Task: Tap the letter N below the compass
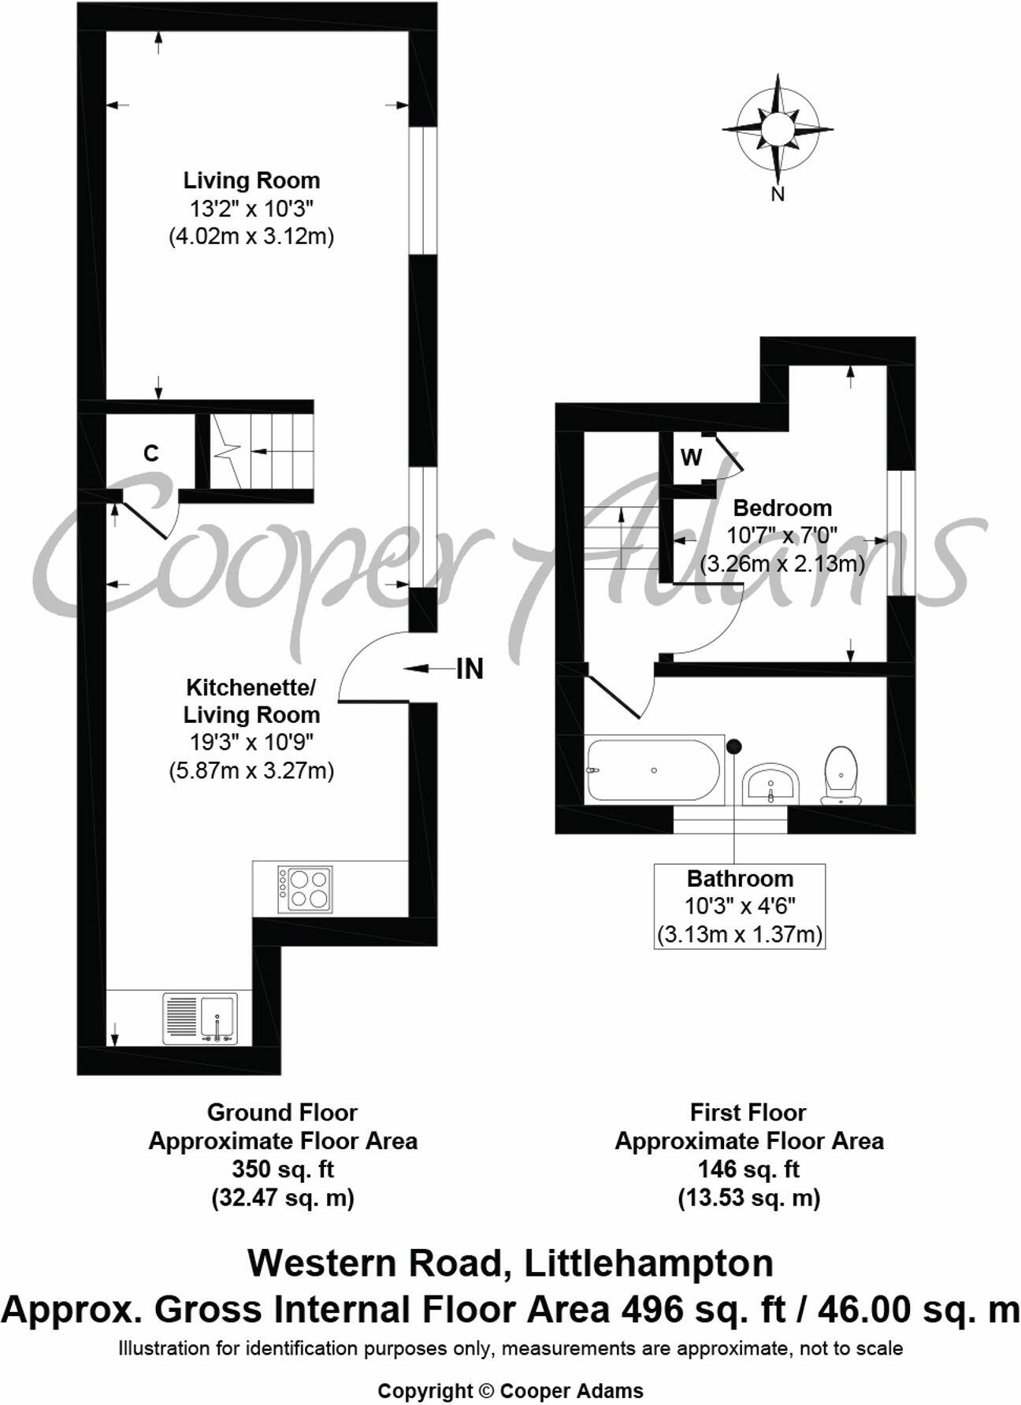778,194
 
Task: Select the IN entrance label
470,669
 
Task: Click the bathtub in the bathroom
652,770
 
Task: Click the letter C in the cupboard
150,454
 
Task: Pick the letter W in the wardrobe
691,458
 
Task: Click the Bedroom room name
782,508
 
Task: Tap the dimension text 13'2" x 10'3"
251,209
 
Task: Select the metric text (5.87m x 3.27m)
251,769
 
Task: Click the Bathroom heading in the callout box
740,878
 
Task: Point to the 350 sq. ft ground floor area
283,1170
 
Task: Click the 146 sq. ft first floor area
748,1170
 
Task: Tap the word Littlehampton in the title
648,1263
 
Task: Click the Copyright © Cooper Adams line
510,1391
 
